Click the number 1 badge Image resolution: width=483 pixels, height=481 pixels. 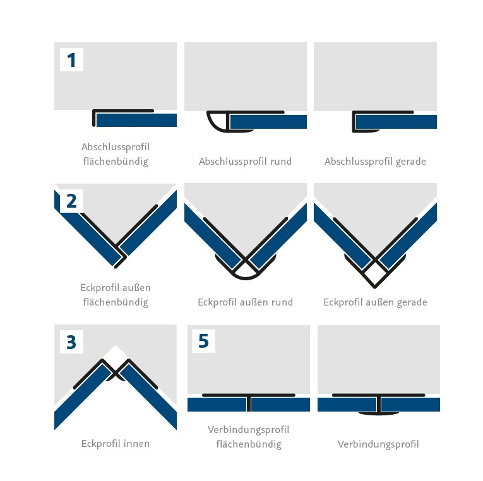click(71, 60)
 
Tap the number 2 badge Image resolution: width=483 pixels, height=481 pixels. click(71, 201)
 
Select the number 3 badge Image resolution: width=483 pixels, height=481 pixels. click(71, 341)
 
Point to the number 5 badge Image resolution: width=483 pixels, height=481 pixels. click(203, 341)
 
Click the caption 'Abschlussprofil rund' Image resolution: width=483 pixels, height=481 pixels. click(245, 162)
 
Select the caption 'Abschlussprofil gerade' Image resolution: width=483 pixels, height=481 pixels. click(375, 162)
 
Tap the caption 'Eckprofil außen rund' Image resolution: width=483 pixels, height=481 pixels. click(245, 302)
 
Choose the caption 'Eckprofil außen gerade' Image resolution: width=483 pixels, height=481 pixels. click(375, 303)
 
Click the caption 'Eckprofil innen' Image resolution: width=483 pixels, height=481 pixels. click(116, 444)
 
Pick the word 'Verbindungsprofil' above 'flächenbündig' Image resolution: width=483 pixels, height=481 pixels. click(249, 430)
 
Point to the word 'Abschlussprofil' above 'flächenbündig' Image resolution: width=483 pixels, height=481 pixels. click(116, 147)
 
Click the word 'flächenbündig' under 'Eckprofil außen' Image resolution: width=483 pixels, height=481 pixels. click(116, 302)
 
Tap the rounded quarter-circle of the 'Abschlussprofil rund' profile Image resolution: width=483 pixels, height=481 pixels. click(217, 122)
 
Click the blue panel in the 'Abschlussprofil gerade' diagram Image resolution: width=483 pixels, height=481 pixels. click(396, 122)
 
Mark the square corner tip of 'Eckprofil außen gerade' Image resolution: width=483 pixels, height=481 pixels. click(375, 287)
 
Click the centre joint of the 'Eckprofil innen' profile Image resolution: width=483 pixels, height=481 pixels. click(116, 374)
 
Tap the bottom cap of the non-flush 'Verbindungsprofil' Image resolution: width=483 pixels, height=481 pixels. click(379, 413)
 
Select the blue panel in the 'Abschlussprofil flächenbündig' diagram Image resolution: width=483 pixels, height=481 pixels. click(136, 120)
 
